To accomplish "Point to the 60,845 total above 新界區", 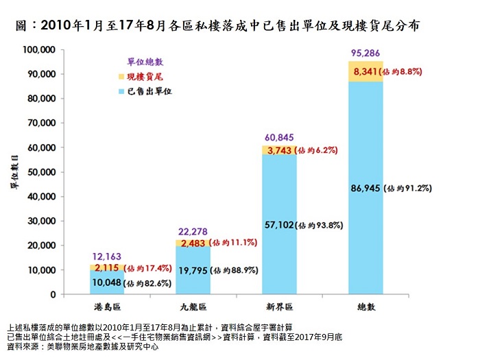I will click(x=277, y=136).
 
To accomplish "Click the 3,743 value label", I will click(x=278, y=149).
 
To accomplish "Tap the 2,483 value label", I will click(x=193, y=243).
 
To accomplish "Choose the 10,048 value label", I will click(x=107, y=282).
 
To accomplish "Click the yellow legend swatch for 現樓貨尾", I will click(x=121, y=76).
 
